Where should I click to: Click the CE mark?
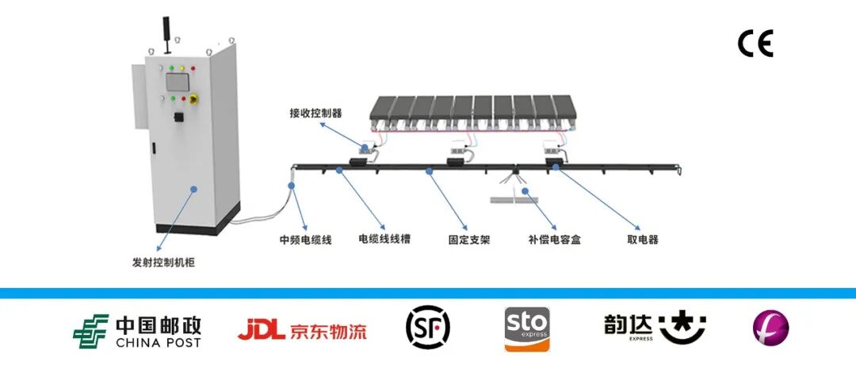pyautogui.click(x=755, y=44)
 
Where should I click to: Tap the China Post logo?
pyautogui.click(x=137, y=332)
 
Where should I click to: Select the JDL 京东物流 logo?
pyautogui.click(x=302, y=329)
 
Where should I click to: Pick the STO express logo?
pyautogui.click(x=526, y=328)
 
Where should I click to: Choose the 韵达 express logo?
pyautogui.click(x=654, y=327)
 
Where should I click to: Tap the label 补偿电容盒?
pyautogui.click(x=554, y=239)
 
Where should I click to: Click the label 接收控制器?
pyautogui.click(x=315, y=113)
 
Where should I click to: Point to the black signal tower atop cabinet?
pyautogui.click(x=167, y=29)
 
